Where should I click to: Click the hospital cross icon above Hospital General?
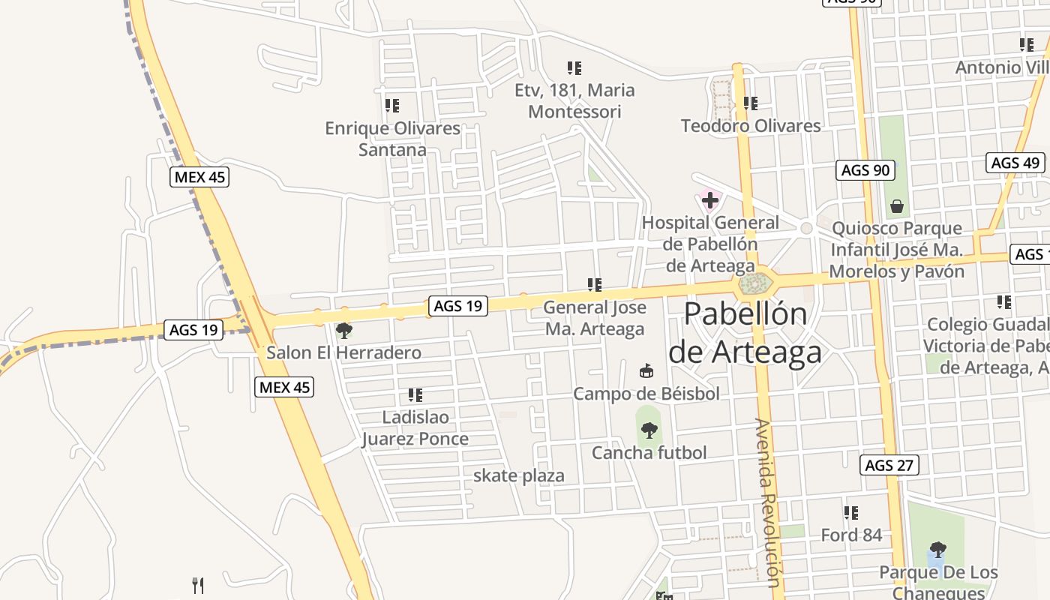709,200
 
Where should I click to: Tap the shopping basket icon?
896,205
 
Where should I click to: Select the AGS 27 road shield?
889,465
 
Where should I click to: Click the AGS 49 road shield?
1015,163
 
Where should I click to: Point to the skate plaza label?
518,475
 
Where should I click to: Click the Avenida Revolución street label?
768,502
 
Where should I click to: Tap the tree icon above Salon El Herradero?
344,330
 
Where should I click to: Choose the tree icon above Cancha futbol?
649,430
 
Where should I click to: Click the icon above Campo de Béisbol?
646,370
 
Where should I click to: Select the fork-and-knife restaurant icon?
198,585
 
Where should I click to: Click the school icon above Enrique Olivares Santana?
391,106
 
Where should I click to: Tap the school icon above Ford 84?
850,513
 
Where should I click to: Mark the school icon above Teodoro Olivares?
750,103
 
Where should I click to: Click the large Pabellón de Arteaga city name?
745,332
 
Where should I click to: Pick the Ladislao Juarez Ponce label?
415,427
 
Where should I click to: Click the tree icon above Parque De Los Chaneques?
937,550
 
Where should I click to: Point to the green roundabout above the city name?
754,284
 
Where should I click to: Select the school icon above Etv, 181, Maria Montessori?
574,68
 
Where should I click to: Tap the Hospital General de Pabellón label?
710,244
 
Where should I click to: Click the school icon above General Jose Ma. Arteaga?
595,285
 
